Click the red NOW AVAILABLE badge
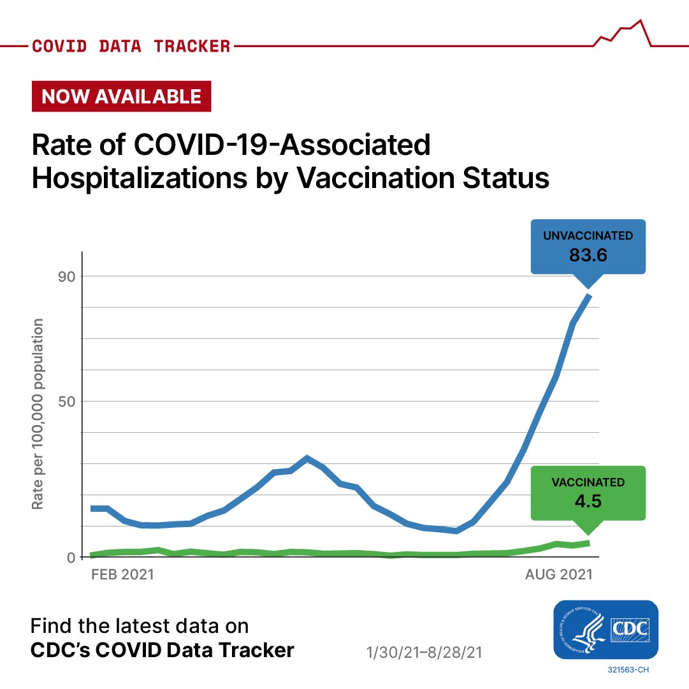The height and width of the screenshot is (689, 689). click(121, 96)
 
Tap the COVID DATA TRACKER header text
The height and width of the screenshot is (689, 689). click(131, 47)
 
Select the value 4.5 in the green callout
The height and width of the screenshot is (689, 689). click(588, 500)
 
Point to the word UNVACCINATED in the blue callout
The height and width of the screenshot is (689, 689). click(588, 236)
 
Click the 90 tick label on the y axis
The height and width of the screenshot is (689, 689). click(66, 277)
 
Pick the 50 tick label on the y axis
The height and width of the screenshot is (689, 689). click(66, 402)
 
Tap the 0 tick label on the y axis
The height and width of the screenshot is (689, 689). click(71, 557)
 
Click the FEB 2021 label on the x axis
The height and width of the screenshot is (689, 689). click(123, 574)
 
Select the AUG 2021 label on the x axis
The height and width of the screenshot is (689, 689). click(558, 574)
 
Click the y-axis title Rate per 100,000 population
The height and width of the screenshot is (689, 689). click(38, 414)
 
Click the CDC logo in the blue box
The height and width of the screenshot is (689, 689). click(605, 630)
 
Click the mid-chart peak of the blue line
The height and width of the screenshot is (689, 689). click(307, 458)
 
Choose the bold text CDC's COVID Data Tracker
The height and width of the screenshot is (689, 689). click(163, 650)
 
